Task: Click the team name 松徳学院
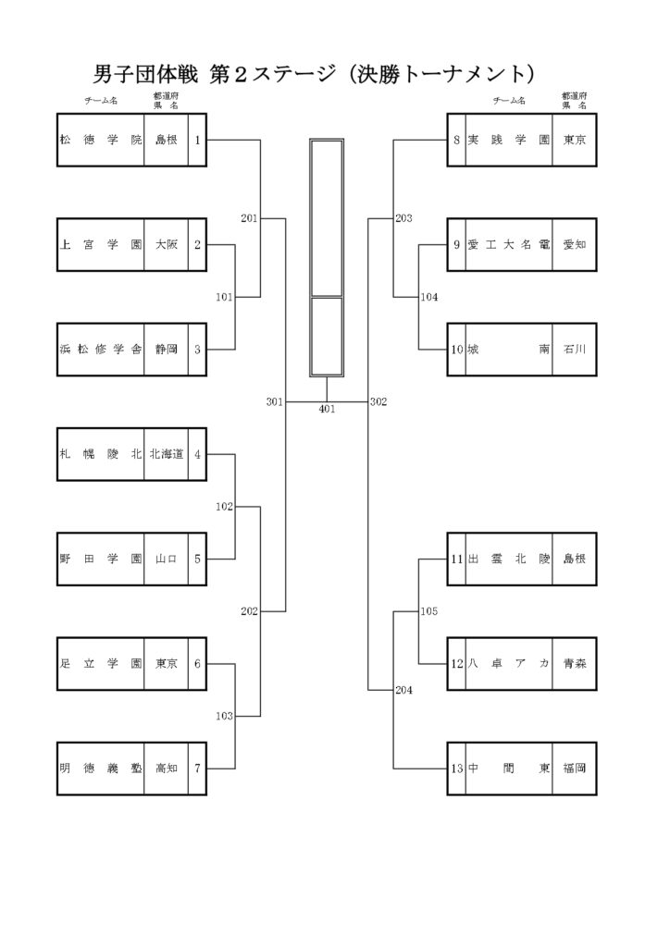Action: pyautogui.click(x=100, y=141)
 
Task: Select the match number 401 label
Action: pyautogui.click(x=327, y=409)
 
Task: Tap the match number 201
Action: pyautogui.click(x=249, y=218)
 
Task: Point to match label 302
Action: pyautogui.click(x=378, y=401)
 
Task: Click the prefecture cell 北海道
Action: pyautogui.click(x=167, y=454)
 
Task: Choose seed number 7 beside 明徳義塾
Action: pyautogui.click(x=197, y=769)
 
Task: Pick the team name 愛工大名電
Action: pyautogui.click(x=508, y=244)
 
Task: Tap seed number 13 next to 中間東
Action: pyautogui.click(x=457, y=769)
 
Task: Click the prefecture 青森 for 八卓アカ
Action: pyautogui.click(x=575, y=663)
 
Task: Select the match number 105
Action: pyautogui.click(x=429, y=611)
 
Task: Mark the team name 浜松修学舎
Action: pyautogui.click(x=100, y=349)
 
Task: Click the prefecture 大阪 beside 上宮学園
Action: pyautogui.click(x=167, y=244)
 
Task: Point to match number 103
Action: pyautogui.click(x=224, y=716)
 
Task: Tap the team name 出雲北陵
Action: pyautogui.click(x=508, y=559)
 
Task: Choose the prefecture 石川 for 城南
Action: pyautogui.click(x=575, y=349)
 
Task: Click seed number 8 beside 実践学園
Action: pyautogui.click(x=457, y=141)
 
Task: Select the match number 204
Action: pyautogui.click(x=403, y=690)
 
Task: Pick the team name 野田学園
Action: pyautogui.click(x=100, y=559)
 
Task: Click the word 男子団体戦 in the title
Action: pyautogui.click(x=145, y=74)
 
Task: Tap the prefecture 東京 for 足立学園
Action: pyautogui.click(x=167, y=663)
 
